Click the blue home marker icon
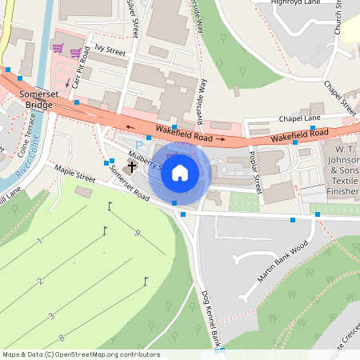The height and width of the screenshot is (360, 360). pos(180,172)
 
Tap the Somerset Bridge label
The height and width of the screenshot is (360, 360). pos(34,99)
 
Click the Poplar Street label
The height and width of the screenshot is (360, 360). pos(255,171)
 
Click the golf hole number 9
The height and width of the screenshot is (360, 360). pos(138,233)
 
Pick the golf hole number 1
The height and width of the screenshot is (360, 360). pos(38,241)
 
